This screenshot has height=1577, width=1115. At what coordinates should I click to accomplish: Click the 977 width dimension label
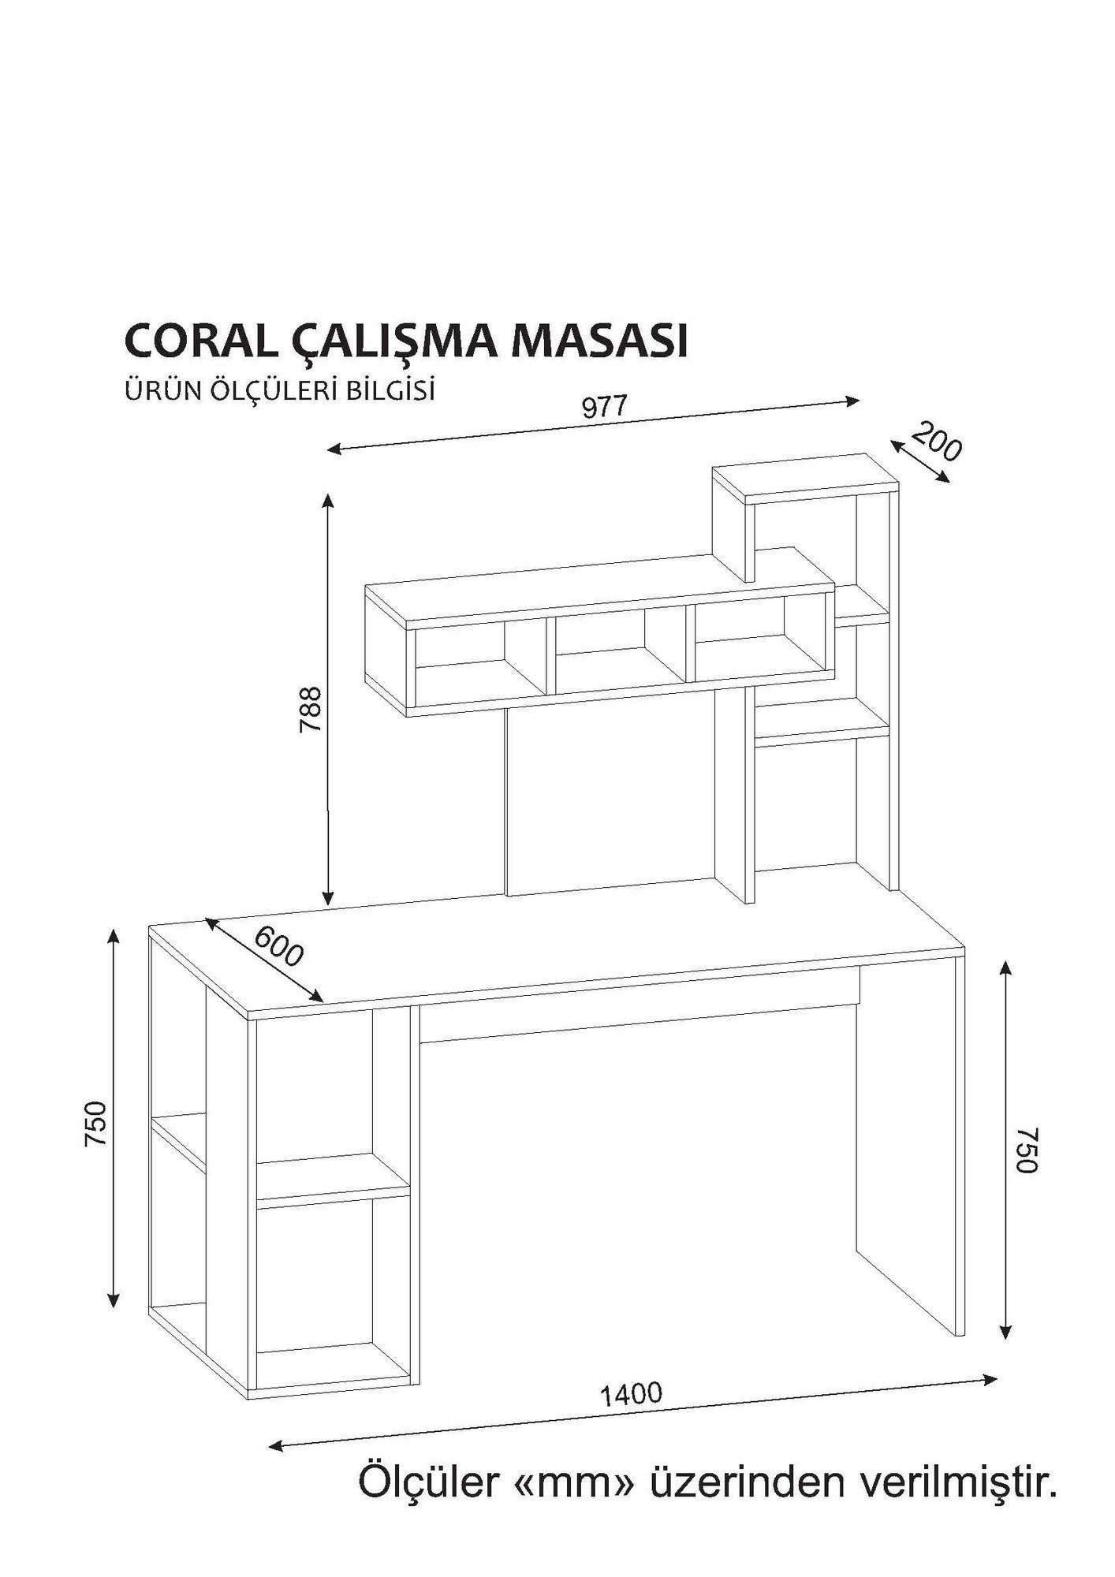(x=604, y=407)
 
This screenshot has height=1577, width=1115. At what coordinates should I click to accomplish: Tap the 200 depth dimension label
(x=936, y=443)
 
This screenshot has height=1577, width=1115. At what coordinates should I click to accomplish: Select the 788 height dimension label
(x=311, y=710)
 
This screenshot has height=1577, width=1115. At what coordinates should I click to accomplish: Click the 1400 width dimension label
(x=632, y=1394)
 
